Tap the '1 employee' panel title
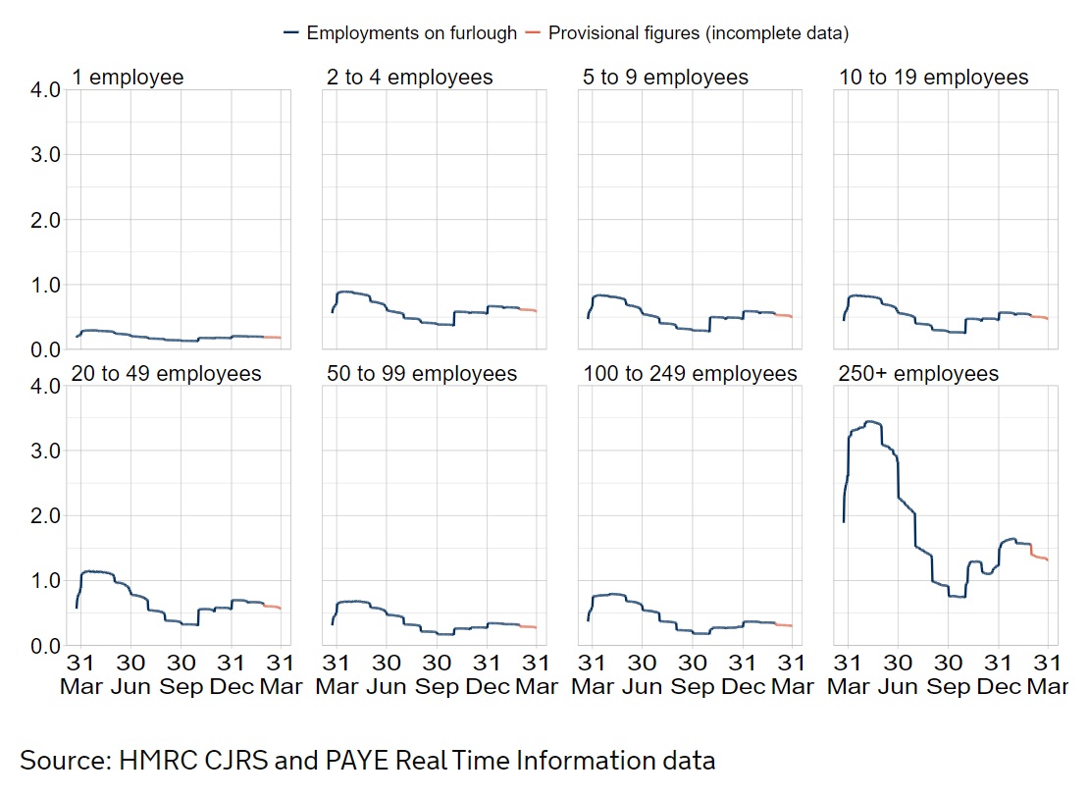[x=128, y=78]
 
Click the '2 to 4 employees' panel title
[x=410, y=78]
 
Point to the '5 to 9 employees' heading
[x=665, y=78]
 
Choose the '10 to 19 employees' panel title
[x=933, y=78]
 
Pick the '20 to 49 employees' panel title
[x=167, y=374]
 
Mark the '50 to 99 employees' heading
[x=422, y=374]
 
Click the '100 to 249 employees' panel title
[x=690, y=374]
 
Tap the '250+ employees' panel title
[x=918, y=374]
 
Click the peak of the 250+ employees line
[x=869, y=421]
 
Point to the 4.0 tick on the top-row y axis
[x=46, y=89]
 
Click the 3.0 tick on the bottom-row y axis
[x=46, y=451]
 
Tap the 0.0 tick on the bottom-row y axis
[x=46, y=646]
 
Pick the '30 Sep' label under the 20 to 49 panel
[x=181, y=674]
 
